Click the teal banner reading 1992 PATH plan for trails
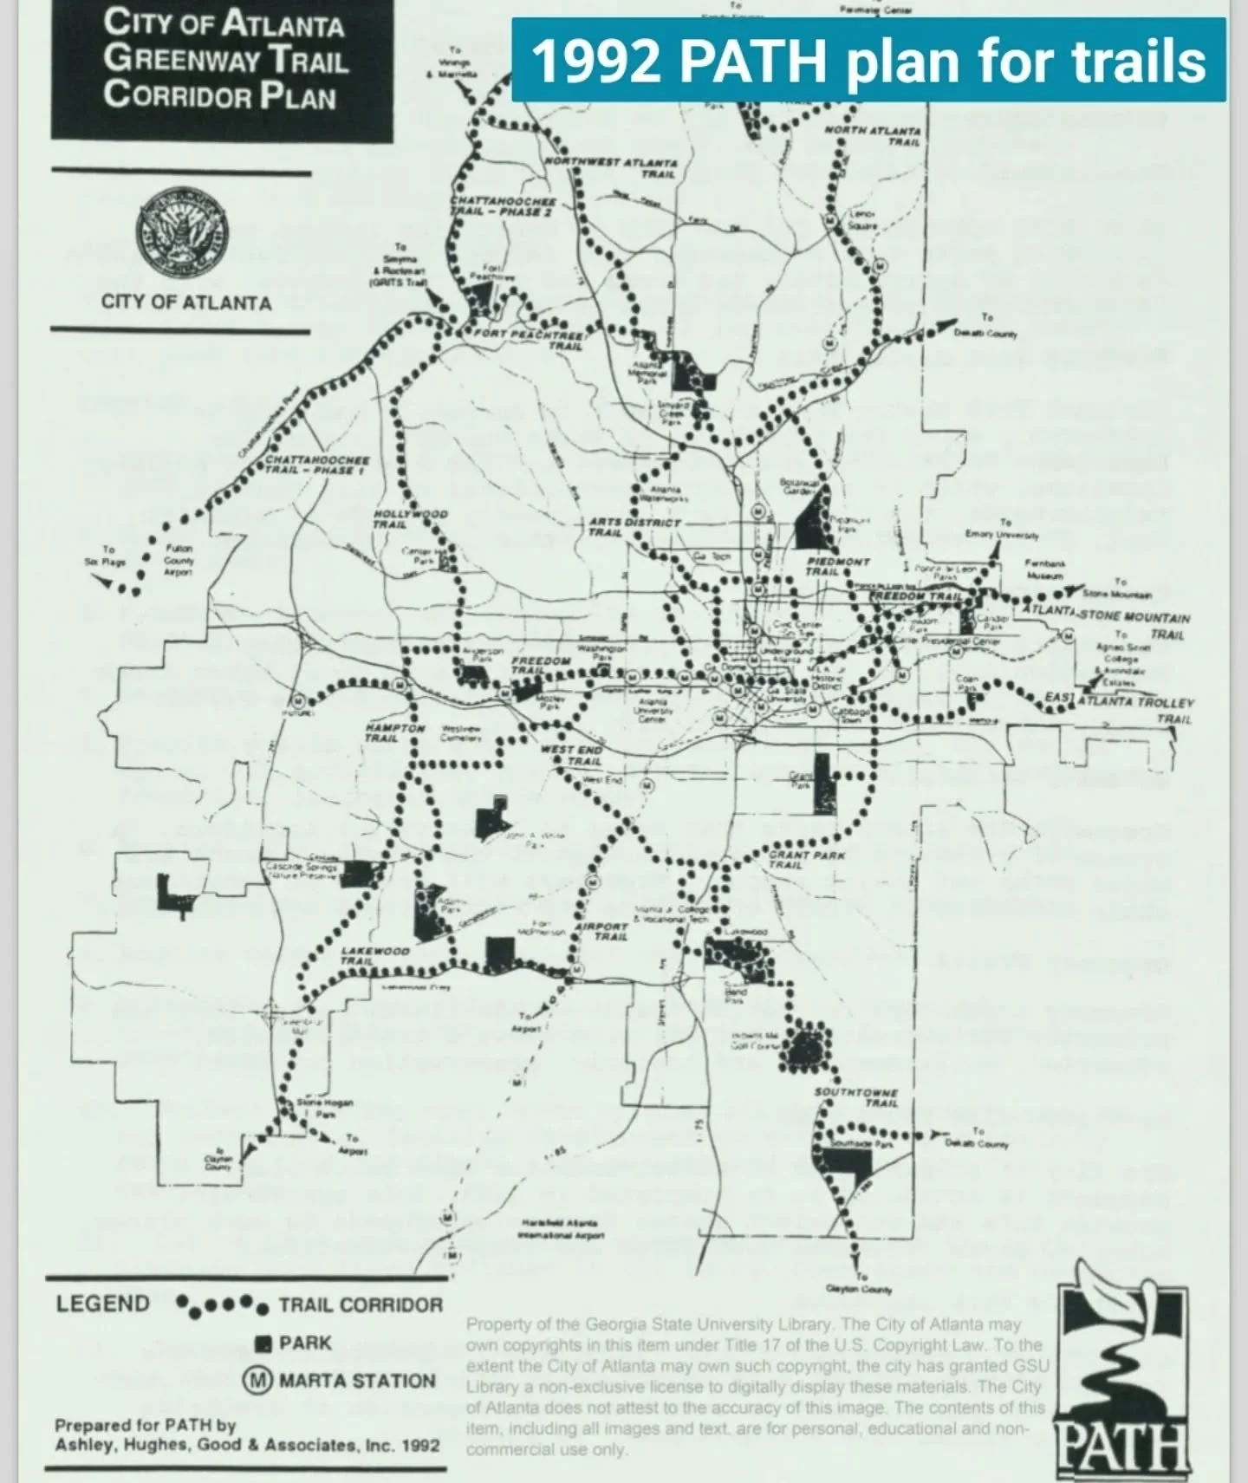click(868, 61)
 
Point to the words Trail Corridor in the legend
click(360, 1305)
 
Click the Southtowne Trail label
click(856, 1097)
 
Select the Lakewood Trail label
click(374, 955)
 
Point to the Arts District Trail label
click(634, 527)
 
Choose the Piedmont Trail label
click(837, 566)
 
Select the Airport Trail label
click(602, 931)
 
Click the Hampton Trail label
click(393, 733)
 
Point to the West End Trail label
click(571, 754)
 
